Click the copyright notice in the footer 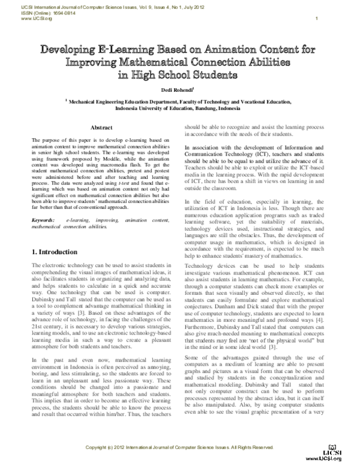(x=180, y=448)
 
